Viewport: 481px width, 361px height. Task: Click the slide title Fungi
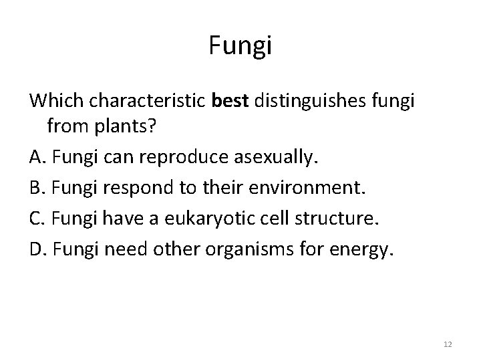point(240,47)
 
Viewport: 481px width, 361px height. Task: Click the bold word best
point(230,101)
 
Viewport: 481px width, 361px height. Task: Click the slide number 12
point(447,344)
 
